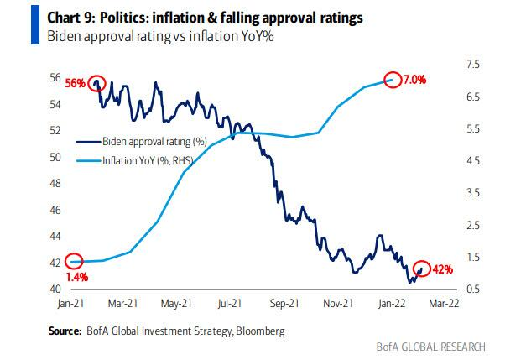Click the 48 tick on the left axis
coord(55,184)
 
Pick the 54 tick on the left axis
coord(55,104)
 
